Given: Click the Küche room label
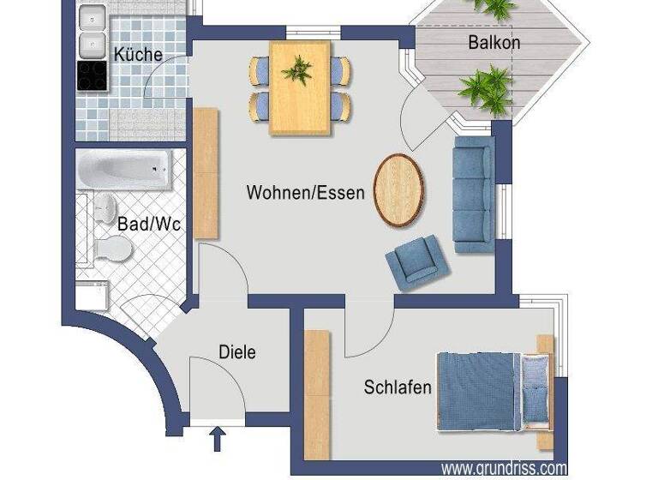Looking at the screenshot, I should coord(138,54).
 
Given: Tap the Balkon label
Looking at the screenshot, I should coord(493,41).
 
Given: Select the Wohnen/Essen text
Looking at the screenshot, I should coord(305,192).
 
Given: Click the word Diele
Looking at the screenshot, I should coord(237,351).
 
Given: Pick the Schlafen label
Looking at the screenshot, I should coord(398,387).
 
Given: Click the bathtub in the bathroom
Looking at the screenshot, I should coord(125,169).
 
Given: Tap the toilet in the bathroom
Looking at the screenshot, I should coord(112,249).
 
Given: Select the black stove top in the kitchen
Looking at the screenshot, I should coord(91,75).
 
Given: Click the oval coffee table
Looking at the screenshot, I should coord(398,189).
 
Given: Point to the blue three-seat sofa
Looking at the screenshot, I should coord(473,194).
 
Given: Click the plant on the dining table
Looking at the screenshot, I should coord(299,70).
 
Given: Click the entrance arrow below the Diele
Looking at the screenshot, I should coord(218,440).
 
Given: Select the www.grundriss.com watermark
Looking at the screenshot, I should coord(504,468).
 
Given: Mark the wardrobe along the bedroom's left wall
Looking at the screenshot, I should coord(317,386).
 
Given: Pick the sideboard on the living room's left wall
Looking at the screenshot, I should coord(206,172).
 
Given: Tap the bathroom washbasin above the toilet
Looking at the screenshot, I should coord(105,206).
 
